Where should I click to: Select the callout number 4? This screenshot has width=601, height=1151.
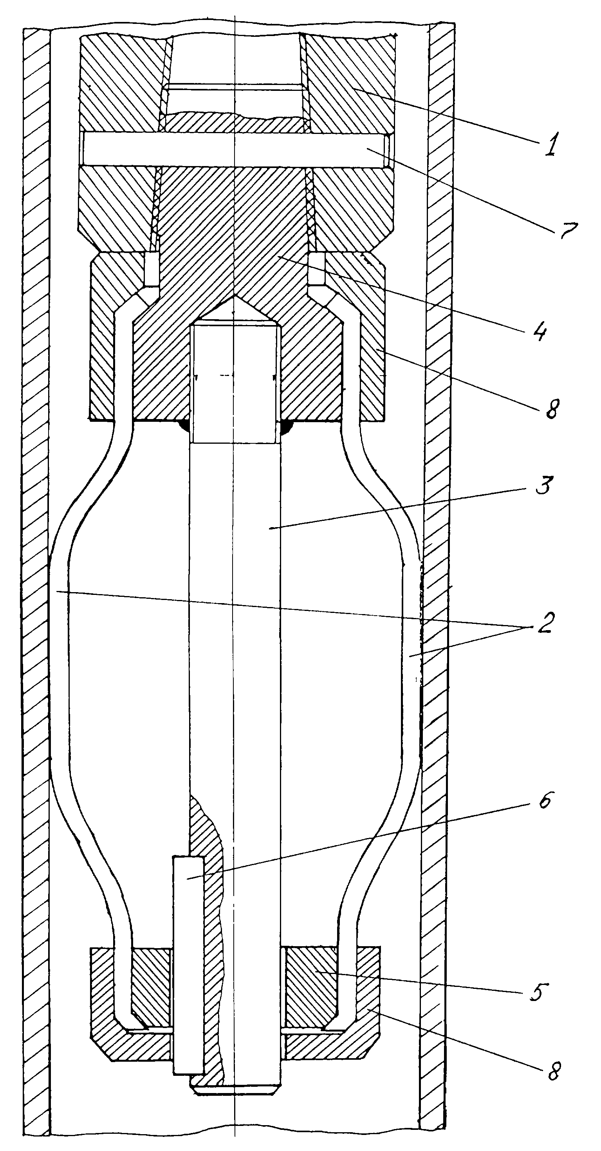click(541, 331)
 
